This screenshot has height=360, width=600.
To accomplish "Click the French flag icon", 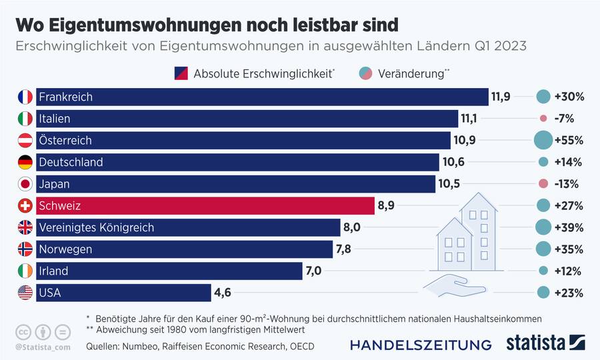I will click(25, 97).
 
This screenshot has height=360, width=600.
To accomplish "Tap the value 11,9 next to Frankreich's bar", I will click(501, 97).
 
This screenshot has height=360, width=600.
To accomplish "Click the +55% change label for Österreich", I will click(569, 141).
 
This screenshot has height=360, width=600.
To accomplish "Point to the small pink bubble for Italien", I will click(543, 119).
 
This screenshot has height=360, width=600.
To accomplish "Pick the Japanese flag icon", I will click(25, 184).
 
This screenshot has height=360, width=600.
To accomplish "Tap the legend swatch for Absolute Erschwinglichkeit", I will click(181, 73).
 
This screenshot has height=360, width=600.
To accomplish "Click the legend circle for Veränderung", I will click(365, 73).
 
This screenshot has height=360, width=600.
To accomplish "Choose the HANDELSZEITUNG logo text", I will click(421, 345).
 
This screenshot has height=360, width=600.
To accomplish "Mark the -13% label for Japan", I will click(566, 184).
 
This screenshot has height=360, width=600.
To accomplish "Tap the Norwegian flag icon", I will click(25, 249).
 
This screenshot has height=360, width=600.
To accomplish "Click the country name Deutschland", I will click(71, 162).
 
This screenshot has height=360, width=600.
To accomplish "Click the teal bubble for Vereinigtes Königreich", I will click(543, 227).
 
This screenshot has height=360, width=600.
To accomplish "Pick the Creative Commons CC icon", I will click(23, 331).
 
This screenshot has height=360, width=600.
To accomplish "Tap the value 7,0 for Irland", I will click(313, 271).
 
